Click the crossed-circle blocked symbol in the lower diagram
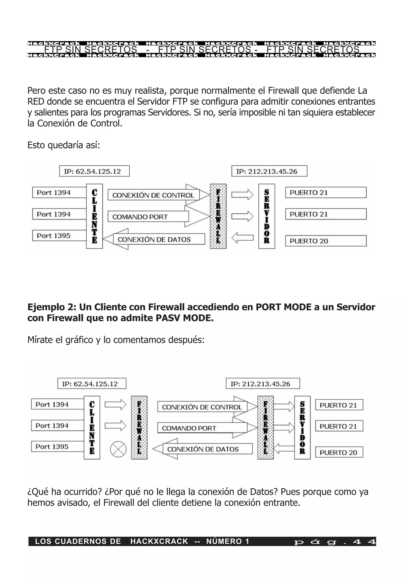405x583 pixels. tap(118, 449)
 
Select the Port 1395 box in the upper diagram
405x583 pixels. tap(59, 235)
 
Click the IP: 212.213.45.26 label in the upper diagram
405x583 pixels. tap(269, 171)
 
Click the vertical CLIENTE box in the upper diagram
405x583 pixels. tap(94, 216)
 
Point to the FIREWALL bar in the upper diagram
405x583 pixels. tap(218, 216)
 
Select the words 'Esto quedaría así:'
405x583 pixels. tap(63, 145)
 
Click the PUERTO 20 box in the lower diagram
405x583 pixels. tap(339, 452)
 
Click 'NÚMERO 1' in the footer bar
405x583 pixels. tap(227, 542)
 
